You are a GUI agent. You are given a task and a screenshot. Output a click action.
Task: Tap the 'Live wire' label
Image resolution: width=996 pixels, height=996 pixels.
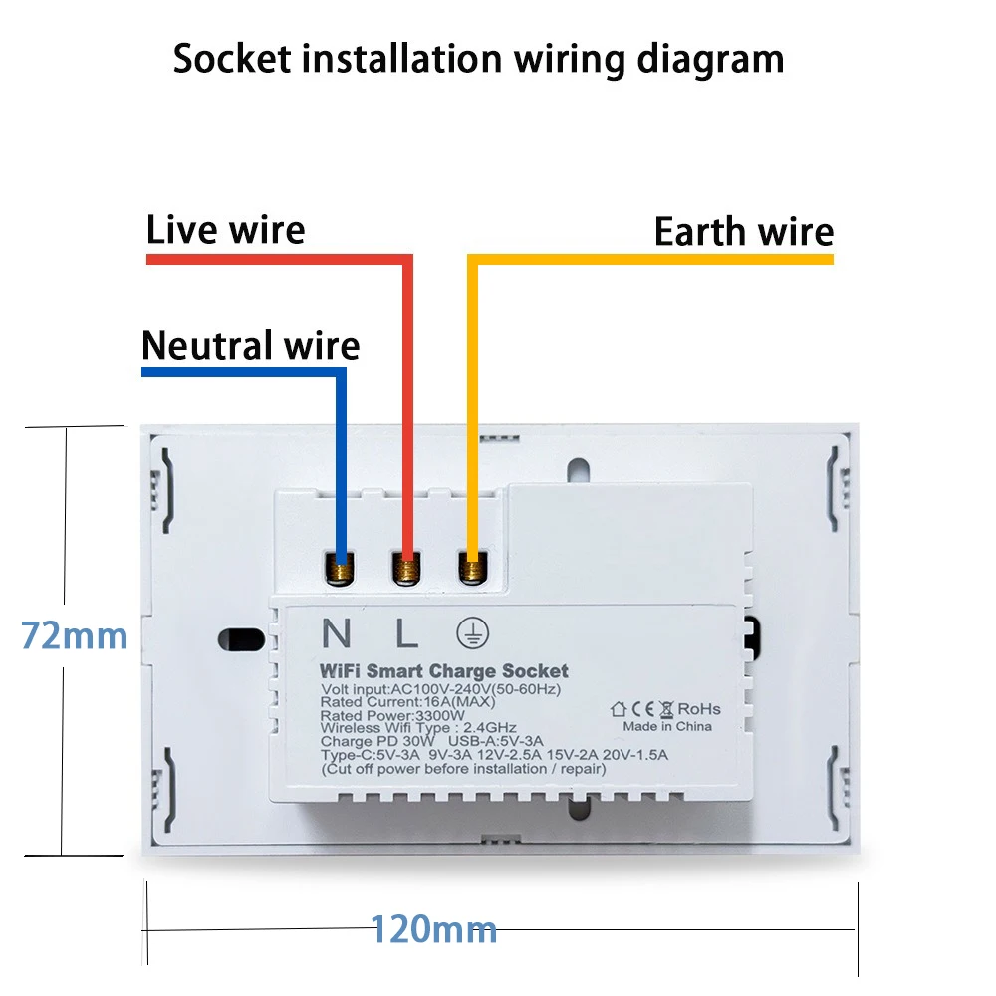pyautogui.click(x=225, y=230)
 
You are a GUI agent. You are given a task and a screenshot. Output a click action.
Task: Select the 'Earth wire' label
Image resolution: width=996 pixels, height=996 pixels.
pyautogui.click(x=743, y=232)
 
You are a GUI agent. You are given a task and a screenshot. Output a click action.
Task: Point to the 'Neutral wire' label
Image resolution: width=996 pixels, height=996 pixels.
pyautogui.click(x=250, y=345)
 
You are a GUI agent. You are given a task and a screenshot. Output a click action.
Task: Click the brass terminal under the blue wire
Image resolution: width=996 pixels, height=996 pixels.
pyautogui.click(x=342, y=570)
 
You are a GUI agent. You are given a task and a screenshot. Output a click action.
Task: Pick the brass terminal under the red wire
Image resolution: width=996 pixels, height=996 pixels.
pyautogui.click(x=406, y=570)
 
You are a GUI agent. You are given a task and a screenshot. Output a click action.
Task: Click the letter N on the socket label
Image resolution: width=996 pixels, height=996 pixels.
pyautogui.click(x=339, y=633)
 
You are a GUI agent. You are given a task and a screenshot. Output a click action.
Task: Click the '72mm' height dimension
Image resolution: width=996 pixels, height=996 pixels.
pyautogui.click(x=75, y=635)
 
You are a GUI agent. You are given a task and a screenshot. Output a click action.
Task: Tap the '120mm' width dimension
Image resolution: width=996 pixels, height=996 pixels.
pyautogui.click(x=434, y=930)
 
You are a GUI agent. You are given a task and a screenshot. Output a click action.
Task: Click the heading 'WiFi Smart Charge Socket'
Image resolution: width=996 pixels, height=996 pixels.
pyautogui.click(x=444, y=671)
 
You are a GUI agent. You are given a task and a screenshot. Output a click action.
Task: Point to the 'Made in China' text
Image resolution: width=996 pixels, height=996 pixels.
pyautogui.click(x=667, y=726)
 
